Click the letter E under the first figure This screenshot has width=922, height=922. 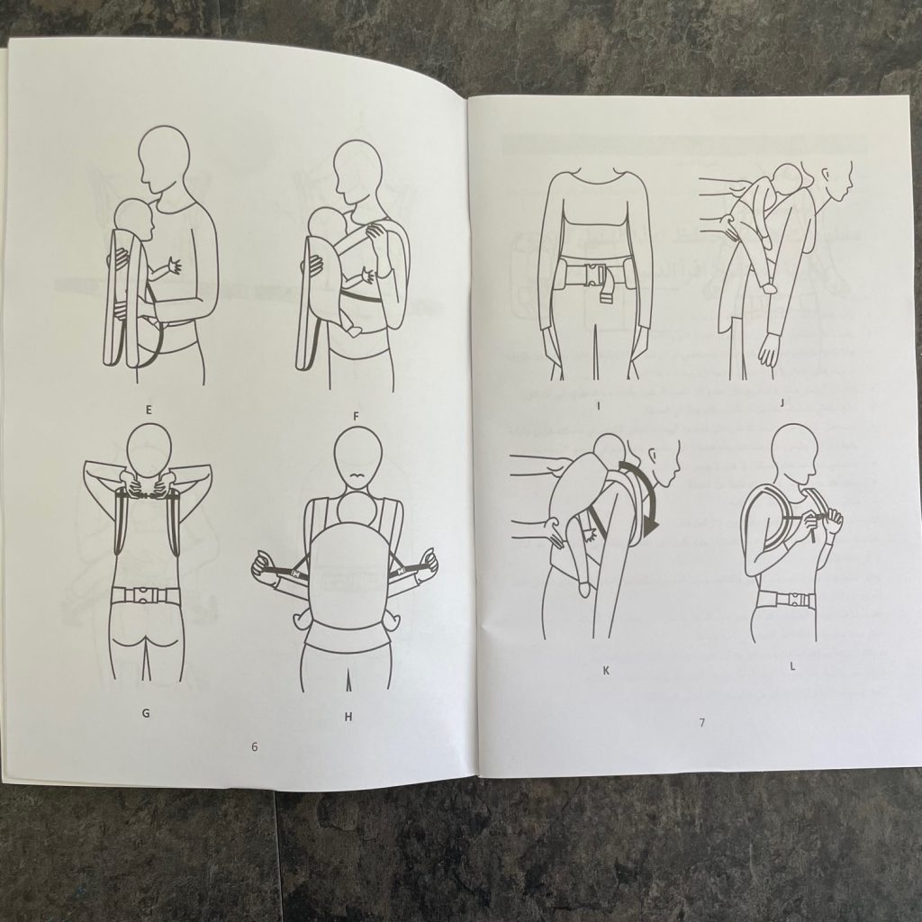coord(149,410)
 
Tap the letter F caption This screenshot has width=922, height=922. coord(356,416)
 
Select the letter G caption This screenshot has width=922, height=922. coord(146,713)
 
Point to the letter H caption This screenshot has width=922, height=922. coord(348,717)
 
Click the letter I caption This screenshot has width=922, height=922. coord(598,405)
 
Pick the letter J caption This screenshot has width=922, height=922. coord(782,403)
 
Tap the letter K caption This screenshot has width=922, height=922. coord(606,670)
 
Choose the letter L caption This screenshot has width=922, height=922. coord(792,666)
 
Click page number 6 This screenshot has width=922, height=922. coord(254,746)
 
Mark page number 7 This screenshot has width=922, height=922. coord(702,723)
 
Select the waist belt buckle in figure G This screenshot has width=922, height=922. coord(144,596)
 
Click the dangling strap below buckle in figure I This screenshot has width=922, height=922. coord(608,294)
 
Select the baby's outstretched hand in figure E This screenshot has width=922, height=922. coord(174,267)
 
